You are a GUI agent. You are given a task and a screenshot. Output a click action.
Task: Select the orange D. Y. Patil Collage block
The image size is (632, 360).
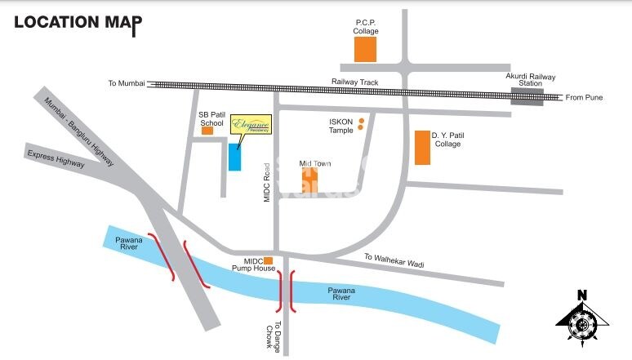tap(422, 147)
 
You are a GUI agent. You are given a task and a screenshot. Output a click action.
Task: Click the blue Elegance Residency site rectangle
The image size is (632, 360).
tap(234, 156)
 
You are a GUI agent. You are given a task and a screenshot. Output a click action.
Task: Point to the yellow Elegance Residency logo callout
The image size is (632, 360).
tap(250, 124)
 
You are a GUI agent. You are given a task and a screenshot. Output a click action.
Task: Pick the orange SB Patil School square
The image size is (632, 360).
tap(207, 130)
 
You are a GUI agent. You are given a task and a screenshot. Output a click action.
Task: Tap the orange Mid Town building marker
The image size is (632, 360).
tap(312, 180)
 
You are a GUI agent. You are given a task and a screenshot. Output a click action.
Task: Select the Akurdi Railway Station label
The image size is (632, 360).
tap(531, 81)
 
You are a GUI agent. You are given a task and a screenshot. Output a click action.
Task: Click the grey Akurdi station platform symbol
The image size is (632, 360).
tap(529, 98)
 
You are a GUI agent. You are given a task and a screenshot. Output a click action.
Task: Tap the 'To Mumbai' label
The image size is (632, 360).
tap(127, 83)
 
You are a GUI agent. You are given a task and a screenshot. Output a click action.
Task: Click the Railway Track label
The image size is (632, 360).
tap(352, 82)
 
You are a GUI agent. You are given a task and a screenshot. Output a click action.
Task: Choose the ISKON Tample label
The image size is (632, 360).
tap(340, 126)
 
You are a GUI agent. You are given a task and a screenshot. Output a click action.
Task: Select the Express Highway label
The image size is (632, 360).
tap(56, 159)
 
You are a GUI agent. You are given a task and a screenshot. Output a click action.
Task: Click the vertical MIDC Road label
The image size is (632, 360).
tap(266, 183)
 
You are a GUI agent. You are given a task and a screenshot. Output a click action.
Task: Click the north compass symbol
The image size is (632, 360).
tap(582, 320)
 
